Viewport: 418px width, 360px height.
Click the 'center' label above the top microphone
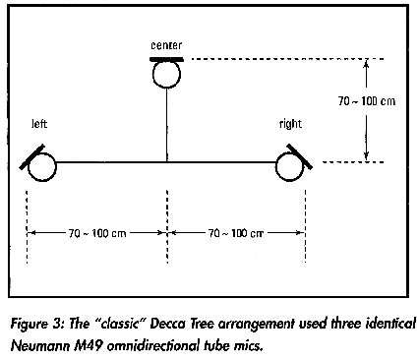(x=166, y=45)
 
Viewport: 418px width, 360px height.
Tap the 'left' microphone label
(x=39, y=124)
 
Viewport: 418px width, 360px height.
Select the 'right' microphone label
(x=290, y=124)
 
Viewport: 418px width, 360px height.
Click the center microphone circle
(x=166, y=74)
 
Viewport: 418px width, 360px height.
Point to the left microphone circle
(x=42, y=167)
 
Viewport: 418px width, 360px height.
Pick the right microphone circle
(x=290, y=167)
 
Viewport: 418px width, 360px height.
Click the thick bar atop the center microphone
(x=166, y=59)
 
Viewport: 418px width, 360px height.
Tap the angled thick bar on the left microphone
(x=31, y=156)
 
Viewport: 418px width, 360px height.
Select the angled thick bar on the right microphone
(x=300, y=156)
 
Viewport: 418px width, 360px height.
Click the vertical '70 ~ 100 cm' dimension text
(x=367, y=101)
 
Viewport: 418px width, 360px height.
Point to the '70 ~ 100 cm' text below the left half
(x=97, y=233)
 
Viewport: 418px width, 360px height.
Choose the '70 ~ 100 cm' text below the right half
(x=236, y=233)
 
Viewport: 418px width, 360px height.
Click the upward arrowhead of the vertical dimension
(x=366, y=63)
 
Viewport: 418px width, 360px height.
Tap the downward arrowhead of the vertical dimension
(x=366, y=156)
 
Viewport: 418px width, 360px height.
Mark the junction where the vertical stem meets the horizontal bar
(x=166, y=162)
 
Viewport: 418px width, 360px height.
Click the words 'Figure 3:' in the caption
(x=37, y=325)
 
